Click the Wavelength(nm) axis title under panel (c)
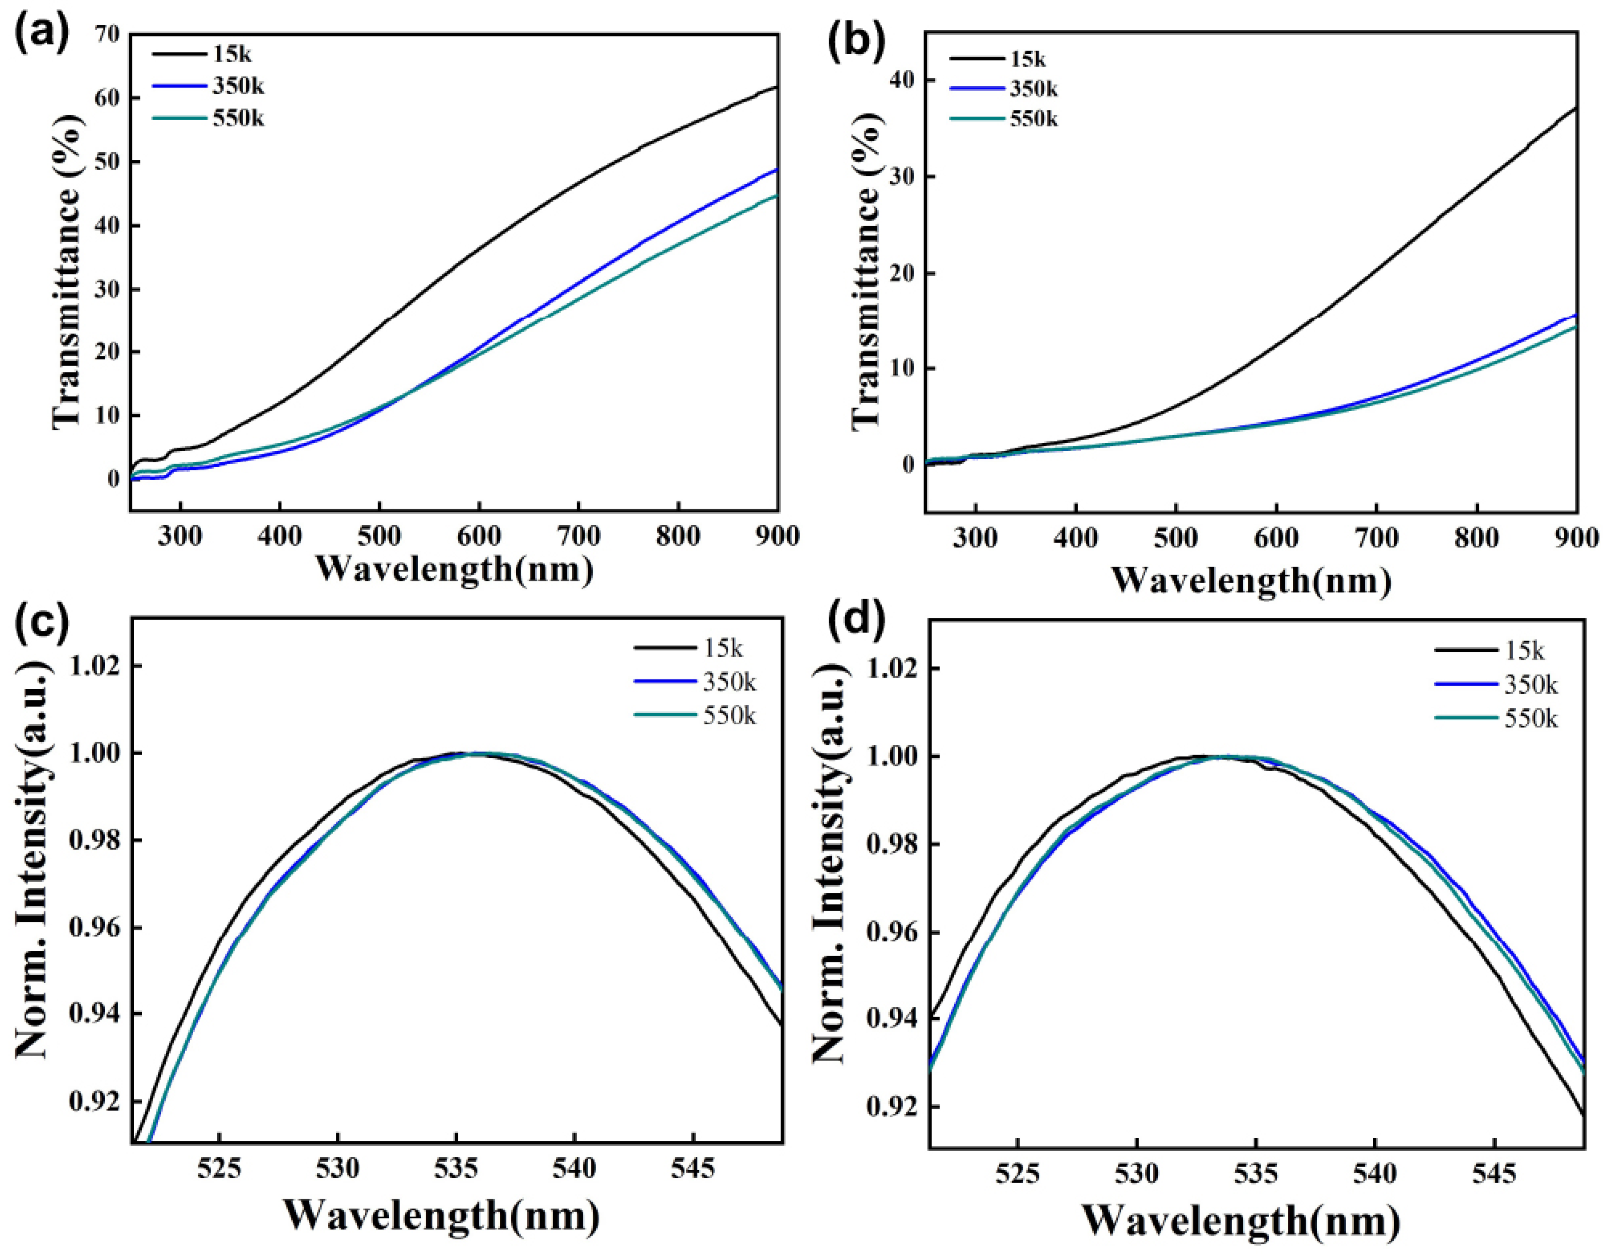[x=441, y=1215]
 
